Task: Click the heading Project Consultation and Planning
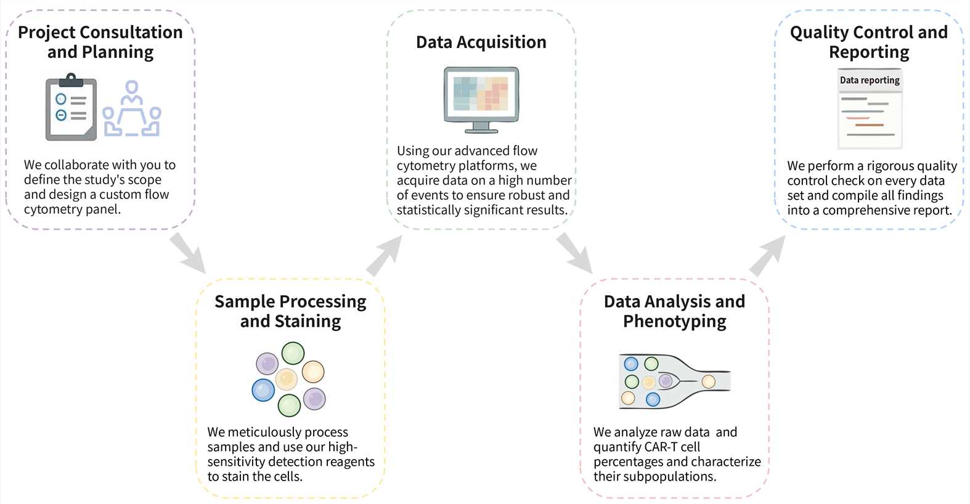click(x=100, y=42)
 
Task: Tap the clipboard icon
click(x=71, y=108)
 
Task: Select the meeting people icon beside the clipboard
click(x=131, y=109)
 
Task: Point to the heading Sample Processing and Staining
click(x=290, y=311)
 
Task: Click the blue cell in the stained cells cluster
click(x=263, y=390)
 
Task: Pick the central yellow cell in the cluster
click(x=287, y=379)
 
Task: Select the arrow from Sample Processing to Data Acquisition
click(x=383, y=255)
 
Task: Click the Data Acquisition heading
click(x=481, y=42)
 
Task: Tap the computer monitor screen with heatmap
click(x=481, y=94)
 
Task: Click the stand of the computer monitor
click(x=481, y=128)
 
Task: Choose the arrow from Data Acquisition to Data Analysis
click(x=574, y=252)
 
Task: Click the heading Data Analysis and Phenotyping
click(x=674, y=311)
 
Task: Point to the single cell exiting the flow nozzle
click(x=709, y=381)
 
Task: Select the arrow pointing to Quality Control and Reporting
click(x=768, y=255)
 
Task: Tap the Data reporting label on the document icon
click(x=870, y=80)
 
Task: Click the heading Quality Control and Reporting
click(x=869, y=42)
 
